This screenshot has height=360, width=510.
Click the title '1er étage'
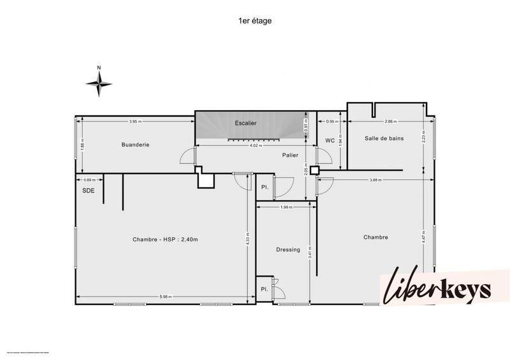255,20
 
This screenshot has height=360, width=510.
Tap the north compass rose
99,82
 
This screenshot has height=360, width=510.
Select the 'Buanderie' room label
135,145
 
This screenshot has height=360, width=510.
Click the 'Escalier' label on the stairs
245,123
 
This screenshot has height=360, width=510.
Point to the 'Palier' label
291,155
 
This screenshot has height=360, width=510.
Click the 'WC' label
330,140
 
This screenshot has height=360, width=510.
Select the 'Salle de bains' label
384,138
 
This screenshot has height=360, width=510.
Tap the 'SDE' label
89,191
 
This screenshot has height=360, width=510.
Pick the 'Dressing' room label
288,249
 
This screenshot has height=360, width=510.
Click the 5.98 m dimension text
166,297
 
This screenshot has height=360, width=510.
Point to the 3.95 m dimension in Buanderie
135,121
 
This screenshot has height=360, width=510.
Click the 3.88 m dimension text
375,180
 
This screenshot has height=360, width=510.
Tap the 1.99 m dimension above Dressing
286,207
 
